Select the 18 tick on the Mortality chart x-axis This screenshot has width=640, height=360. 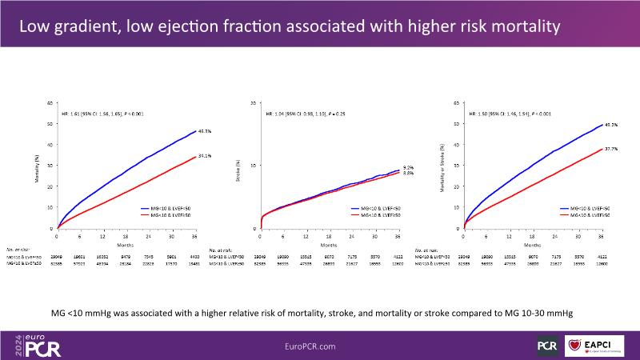point(126,238)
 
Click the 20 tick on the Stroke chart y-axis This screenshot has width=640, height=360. point(254,103)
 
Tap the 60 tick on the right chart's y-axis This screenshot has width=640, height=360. point(456,103)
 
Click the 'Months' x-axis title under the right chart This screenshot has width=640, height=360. point(533,244)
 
